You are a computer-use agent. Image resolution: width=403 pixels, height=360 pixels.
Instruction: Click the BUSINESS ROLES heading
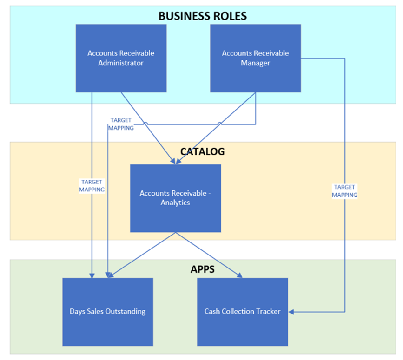tap(202, 15)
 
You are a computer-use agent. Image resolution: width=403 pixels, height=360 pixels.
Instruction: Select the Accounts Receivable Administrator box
tap(121, 58)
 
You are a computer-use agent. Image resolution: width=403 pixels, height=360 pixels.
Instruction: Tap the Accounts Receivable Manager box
tap(255, 58)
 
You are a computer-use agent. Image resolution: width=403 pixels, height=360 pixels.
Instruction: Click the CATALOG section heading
tap(202, 151)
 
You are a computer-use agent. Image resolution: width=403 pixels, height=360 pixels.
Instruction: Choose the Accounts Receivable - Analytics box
tap(175, 198)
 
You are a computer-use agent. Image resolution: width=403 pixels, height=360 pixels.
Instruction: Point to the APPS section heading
tap(202, 269)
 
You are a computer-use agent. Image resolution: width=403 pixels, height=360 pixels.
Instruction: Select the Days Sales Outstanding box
tap(107, 311)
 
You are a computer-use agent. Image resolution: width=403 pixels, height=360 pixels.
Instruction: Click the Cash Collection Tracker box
tap(242, 311)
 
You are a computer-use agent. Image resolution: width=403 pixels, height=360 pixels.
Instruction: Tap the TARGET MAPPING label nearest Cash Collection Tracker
tap(344, 191)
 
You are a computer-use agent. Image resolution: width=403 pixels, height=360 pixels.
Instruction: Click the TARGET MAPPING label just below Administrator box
tap(121, 124)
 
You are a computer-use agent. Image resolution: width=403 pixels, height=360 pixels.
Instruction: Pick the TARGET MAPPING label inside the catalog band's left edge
tap(92, 186)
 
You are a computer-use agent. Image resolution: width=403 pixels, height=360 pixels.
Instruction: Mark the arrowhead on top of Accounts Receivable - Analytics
tap(175, 162)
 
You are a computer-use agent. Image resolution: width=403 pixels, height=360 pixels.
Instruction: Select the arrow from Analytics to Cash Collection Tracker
tap(209, 255)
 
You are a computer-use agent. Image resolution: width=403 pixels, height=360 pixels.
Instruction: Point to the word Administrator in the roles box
tap(121, 63)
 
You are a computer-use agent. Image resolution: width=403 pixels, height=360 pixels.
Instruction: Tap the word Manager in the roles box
tap(255, 63)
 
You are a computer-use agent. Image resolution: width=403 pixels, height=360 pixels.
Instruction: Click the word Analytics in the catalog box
tap(175, 203)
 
